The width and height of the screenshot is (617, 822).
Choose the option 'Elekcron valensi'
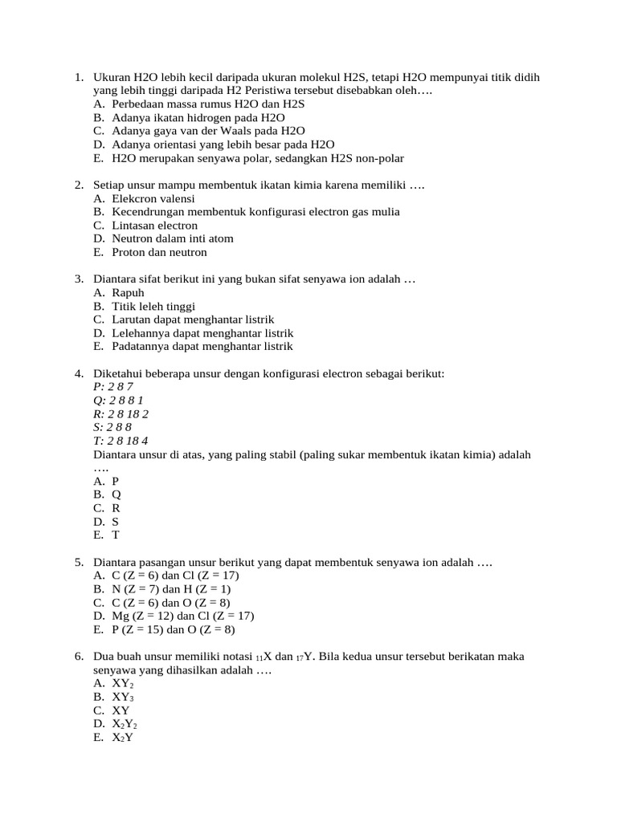click(x=153, y=198)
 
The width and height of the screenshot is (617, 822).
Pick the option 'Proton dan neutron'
click(x=159, y=252)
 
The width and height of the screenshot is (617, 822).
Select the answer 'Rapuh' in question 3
click(x=128, y=293)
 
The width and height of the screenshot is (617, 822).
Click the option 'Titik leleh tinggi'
click(x=153, y=307)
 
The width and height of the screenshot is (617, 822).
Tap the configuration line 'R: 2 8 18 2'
click(x=121, y=414)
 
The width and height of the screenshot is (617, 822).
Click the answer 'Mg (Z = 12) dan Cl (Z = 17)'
click(x=182, y=616)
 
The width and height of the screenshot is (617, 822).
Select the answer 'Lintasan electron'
click(x=154, y=226)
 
